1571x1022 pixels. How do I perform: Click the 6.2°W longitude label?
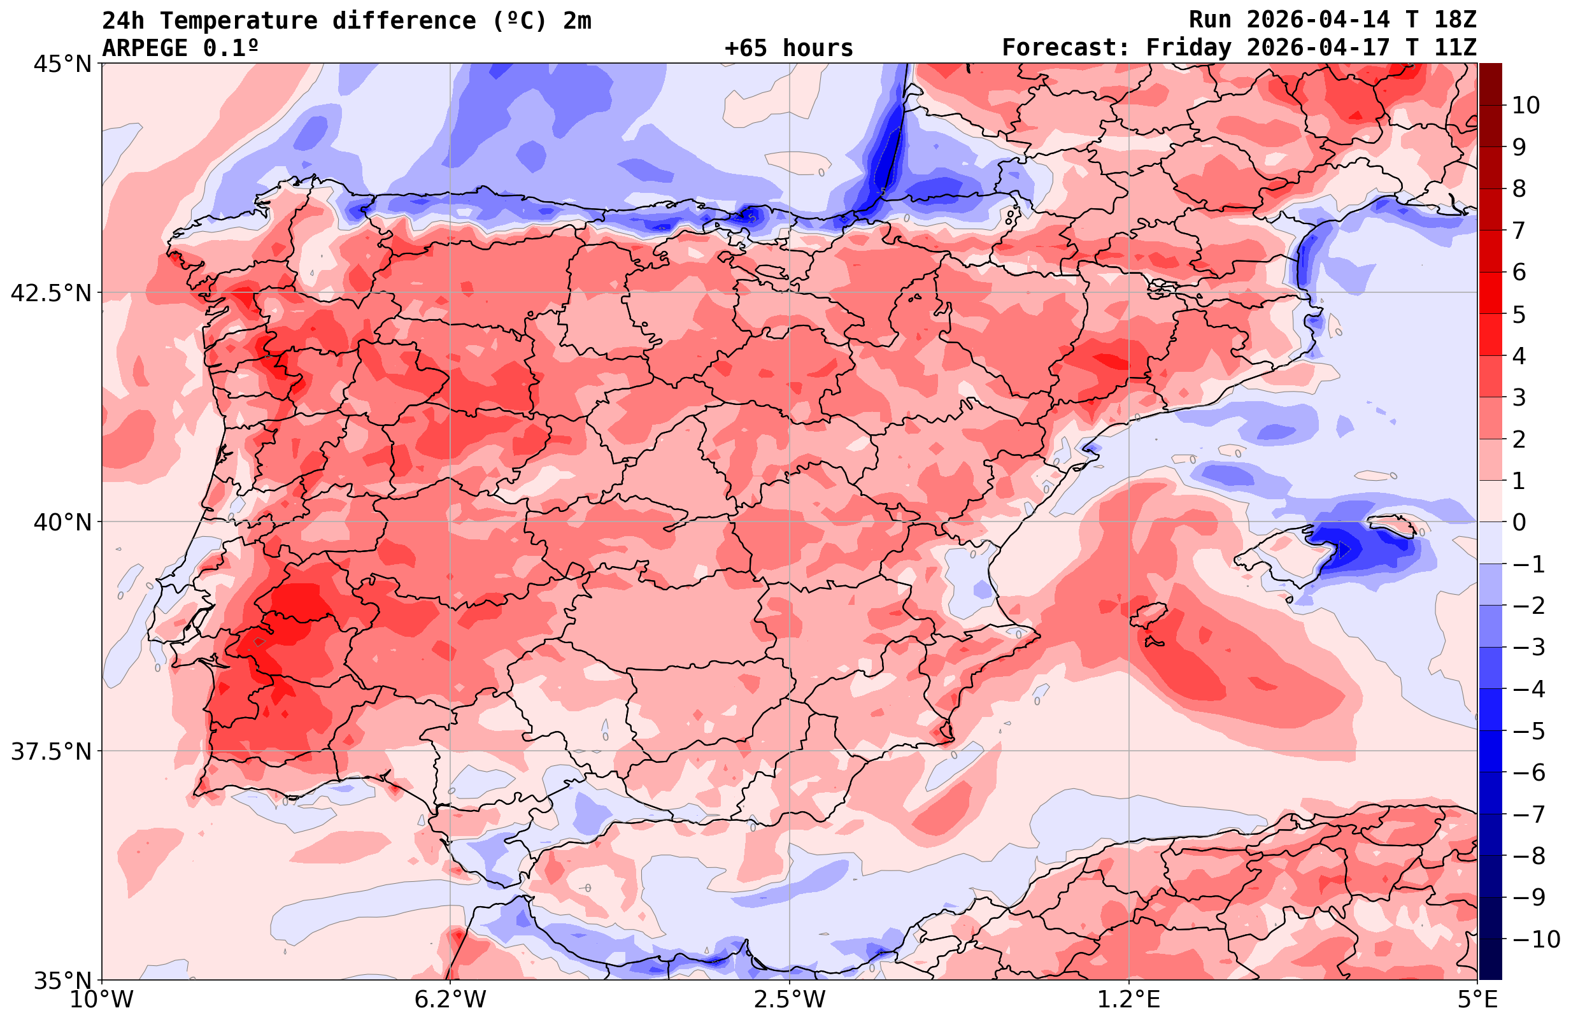pyautogui.click(x=450, y=1000)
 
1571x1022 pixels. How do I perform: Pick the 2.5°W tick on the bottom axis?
pyautogui.click(x=790, y=1000)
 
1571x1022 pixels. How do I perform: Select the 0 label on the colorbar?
pyautogui.click(x=1519, y=522)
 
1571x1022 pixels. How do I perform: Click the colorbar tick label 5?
pyautogui.click(x=1519, y=315)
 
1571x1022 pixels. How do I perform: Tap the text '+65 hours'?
pyautogui.click(x=789, y=48)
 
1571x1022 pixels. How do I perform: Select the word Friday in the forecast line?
pyautogui.click(x=1188, y=48)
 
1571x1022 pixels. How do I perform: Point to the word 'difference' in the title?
pyautogui.click(x=403, y=20)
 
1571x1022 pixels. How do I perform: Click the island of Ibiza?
pyautogui.click(x=1149, y=614)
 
